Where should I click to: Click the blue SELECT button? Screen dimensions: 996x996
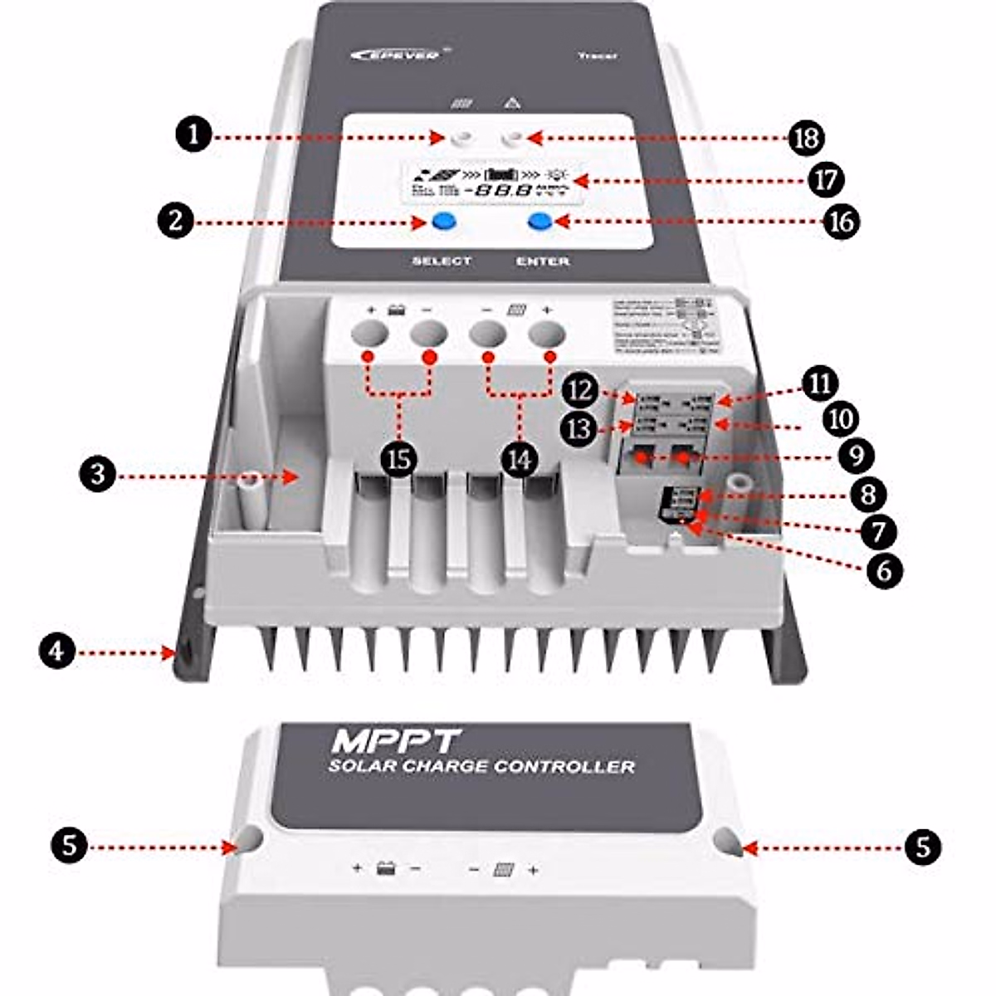point(443,222)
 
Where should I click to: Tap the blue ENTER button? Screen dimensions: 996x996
point(541,222)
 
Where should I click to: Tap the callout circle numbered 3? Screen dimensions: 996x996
point(98,476)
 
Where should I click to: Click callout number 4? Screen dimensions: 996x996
point(56,652)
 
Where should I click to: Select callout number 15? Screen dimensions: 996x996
point(400,458)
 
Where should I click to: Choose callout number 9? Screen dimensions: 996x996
point(856,455)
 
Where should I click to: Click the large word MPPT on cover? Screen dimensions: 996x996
point(396,740)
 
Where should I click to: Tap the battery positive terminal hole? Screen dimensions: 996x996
point(369,334)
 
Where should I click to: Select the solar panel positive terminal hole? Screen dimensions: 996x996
point(547,334)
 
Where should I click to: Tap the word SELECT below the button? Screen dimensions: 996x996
point(442,261)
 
